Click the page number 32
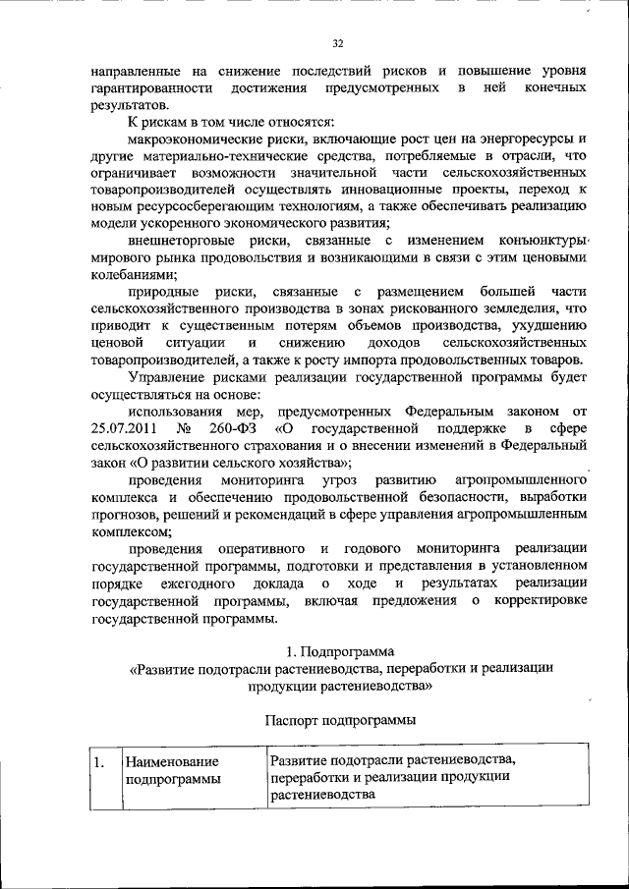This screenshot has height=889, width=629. tap(338, 44)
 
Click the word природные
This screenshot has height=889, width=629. tap(160, 292)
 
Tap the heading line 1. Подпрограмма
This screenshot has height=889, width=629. tap(338, 650)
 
